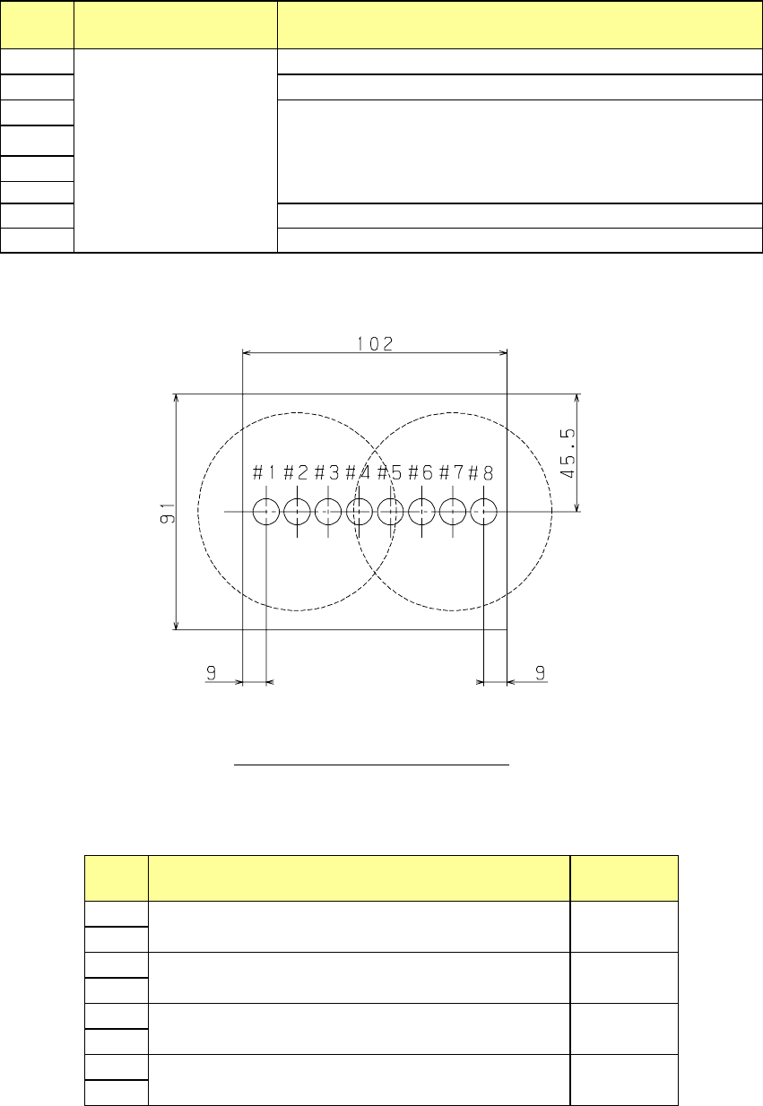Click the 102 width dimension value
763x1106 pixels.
pos(375,343)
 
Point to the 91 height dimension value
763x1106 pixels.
pos(168,513)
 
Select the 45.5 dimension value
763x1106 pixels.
pos(568,454)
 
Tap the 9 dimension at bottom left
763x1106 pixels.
pos(211,672)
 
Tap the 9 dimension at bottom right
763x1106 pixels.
pos(541,672)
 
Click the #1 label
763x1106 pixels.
pos(264,472)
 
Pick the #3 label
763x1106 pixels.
pos(327,472)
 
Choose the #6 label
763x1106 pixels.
pos(421,472)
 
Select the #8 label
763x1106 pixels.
pos(481,473)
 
